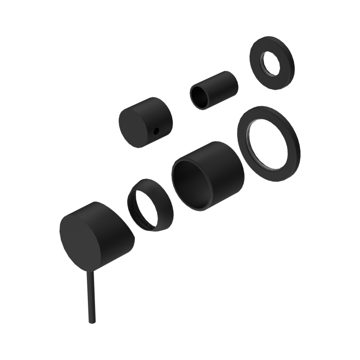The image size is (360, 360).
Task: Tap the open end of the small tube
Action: [200, 97]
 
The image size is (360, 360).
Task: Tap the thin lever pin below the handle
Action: [90, 296]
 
